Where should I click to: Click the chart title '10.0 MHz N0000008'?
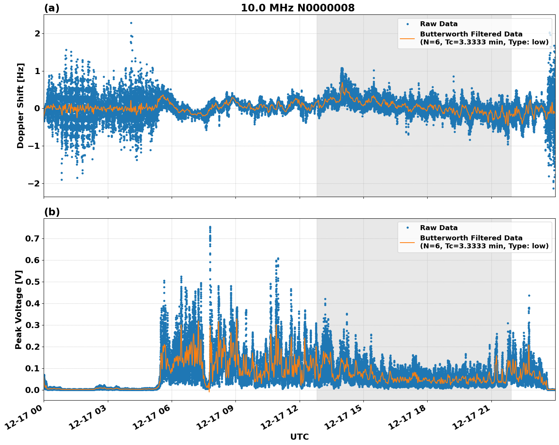[297, 8]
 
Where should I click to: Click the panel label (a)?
[52, 8]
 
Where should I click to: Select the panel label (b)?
[52, 212]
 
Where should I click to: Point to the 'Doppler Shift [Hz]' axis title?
[21, 106]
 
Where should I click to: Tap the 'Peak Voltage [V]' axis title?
[19, 309]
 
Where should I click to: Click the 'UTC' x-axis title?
[299, 437]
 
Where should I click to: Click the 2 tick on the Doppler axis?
[37, 34]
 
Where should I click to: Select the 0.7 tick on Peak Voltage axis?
[32, 238]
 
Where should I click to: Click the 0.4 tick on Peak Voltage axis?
[32, 303]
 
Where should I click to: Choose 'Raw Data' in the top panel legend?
[439, 24]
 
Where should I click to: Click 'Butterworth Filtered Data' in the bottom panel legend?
[471, 238]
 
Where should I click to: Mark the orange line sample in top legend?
[407, 38]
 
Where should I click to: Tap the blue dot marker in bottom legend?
[407, 228]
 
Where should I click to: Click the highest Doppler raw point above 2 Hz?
[131, 23]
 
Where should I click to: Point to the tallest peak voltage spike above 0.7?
[210, 227]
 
